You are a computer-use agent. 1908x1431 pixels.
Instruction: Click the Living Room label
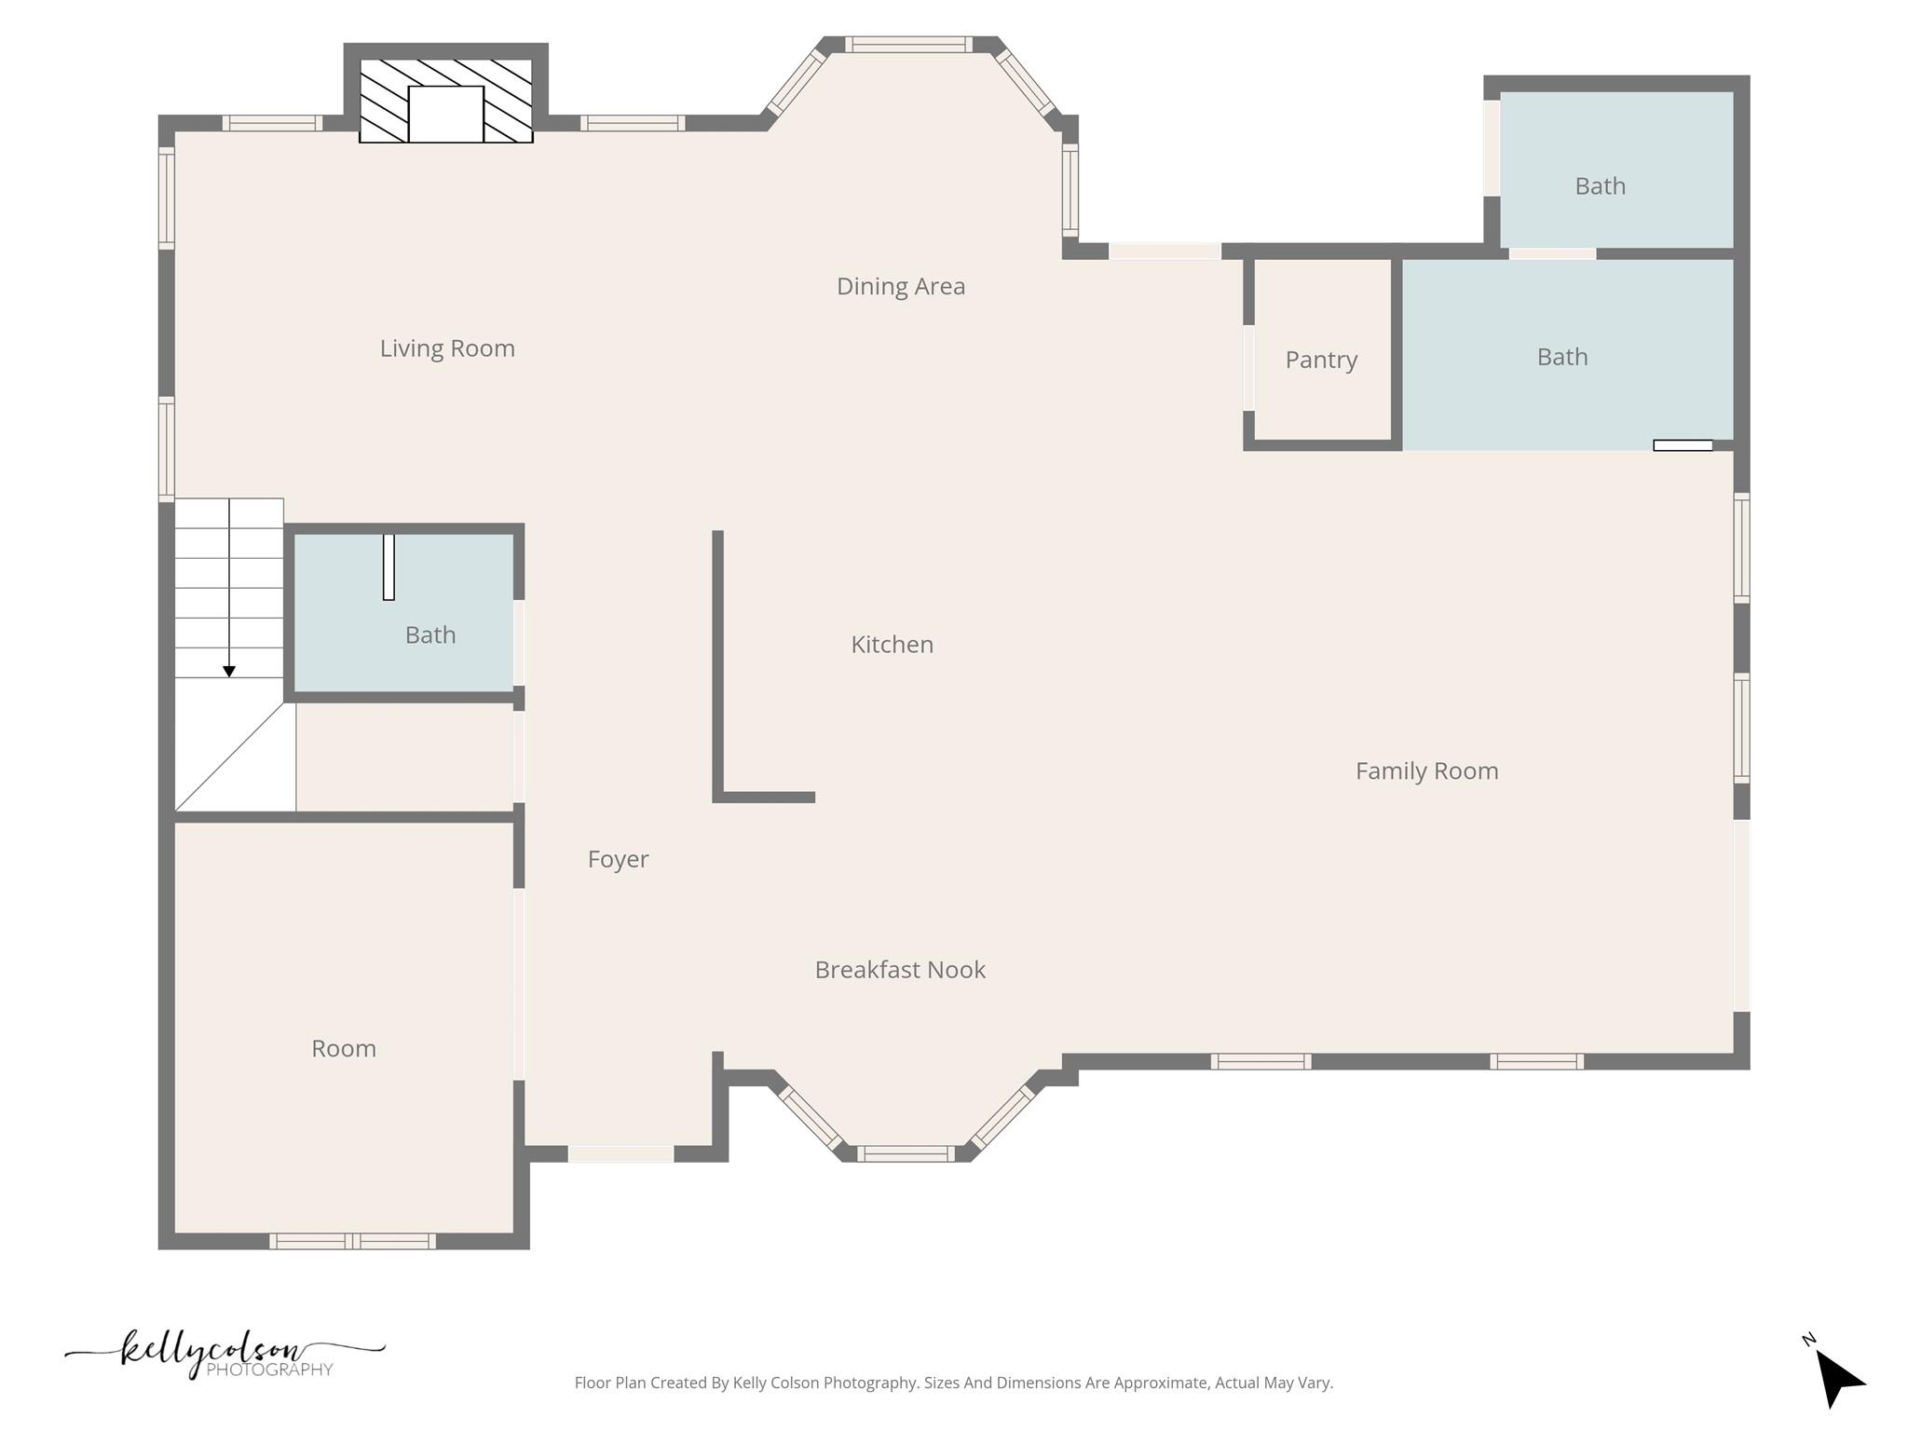(x=447, y=348)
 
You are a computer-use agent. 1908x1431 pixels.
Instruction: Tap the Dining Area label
(x=900, y=286)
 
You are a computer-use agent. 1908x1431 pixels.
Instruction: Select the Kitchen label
(x=892, y=645)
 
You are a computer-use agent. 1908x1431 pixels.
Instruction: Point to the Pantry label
(x=1321, y=360)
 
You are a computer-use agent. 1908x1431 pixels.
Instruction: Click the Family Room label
(x=1426, y=771)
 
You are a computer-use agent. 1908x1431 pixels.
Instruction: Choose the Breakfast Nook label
(x=900, y=970)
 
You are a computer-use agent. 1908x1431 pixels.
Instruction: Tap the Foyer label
(x=618, y=859)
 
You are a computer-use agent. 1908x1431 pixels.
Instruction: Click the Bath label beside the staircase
(x=430, y=635)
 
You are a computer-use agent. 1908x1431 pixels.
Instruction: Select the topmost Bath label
(x=1600, y=186)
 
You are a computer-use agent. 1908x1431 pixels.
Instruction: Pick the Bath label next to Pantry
(x=1561, y=357)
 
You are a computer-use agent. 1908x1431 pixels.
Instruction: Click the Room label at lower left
(x=344, y=1049)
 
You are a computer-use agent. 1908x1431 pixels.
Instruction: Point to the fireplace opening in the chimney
(x=446, y=114)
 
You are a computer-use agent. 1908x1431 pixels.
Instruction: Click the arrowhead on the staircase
(x=229, y=671)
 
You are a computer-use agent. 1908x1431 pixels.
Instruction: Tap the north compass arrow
(x=1837, y=1378)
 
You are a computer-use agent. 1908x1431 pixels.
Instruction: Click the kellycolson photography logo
(x=224, y=1354)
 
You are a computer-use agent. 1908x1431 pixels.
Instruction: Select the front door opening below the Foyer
(x=620, y=1153)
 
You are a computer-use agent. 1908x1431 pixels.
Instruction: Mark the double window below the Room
(x=352, y=1241)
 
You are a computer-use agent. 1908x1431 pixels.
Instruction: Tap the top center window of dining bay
(x=908, y=45)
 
